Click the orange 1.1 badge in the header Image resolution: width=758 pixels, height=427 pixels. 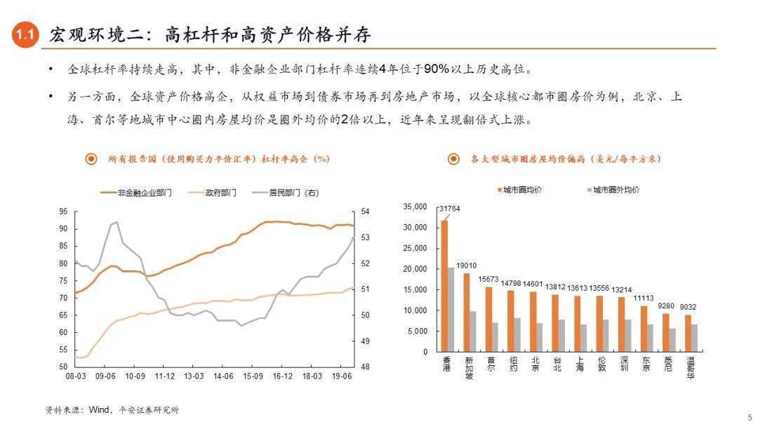[x=26, y=35]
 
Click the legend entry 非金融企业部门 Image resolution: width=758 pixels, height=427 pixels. [x=137, y=192]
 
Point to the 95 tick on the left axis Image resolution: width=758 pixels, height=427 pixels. [x=63, y=211]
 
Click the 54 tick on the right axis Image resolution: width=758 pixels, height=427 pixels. [x=365, y=211]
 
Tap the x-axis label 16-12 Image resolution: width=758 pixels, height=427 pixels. [x=283, y=376]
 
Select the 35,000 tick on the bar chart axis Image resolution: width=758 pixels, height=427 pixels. [x=415, y=207]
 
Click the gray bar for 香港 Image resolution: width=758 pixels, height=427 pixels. [x=451, y=310]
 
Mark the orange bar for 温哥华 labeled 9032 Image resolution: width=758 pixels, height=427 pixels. [x=688, y=333]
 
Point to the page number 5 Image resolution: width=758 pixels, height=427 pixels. [x=749, y=415]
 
